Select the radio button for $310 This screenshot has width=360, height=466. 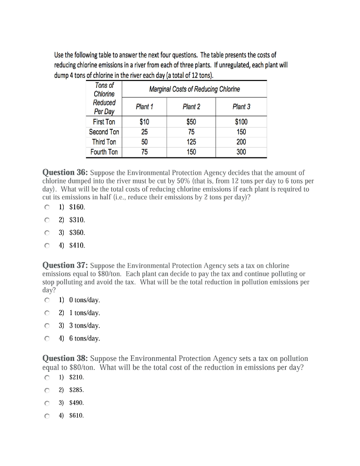(x=46, y=220)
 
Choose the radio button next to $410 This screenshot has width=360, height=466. (x=46, y=245)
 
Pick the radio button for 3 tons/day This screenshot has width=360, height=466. (x=46, y=325)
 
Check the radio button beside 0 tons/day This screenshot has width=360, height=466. (x=46, y=300)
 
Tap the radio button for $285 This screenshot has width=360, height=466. (x=46, y=390)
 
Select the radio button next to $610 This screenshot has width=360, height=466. (x=46, y=415)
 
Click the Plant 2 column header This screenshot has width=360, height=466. (x=191, y=106)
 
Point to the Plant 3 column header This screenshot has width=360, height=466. (x=241, y=106)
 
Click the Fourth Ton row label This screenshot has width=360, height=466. (x=104, y=152)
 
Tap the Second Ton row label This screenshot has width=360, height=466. (x=104, y=132)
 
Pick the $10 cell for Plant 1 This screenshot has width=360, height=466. (x=144, y=122)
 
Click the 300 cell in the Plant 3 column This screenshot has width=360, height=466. (x=241, y=152)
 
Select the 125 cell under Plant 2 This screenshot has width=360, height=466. (x=191, y=142)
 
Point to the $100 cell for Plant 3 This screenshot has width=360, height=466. (x=241, y=122)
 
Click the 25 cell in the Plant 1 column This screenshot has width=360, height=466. (x=144, y=132)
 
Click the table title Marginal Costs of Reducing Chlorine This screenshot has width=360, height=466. (x=194, y=89)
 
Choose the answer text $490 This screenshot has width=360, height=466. (x=76, y=403)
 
